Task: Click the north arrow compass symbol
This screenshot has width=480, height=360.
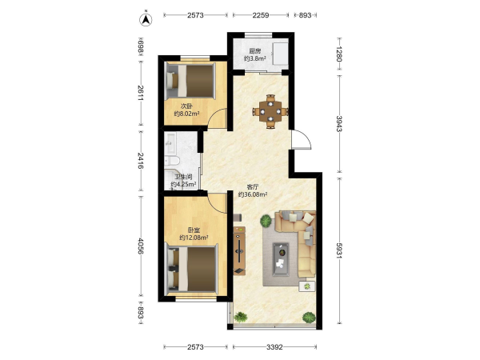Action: pos(146,19)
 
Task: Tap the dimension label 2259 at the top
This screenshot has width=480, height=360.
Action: pos(261,15)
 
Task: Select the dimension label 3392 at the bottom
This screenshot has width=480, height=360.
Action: pos(274,347)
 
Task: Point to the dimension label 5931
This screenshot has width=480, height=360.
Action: pos(339,250)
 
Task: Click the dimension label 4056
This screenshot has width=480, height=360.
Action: pos(141,246)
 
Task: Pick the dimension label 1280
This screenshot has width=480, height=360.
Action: pos(339,54)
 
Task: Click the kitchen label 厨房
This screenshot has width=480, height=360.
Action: pos(254,51)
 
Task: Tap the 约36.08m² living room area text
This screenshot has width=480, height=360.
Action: pos(253,194)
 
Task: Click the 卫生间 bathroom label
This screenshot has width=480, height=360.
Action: pos(183,177)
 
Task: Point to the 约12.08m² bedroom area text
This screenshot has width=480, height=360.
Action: pos(194,238)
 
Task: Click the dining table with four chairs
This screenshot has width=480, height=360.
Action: pos(270,111)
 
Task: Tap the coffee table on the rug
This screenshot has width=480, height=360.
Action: pos(281,259)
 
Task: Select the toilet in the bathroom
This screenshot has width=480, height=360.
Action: pos(171,160)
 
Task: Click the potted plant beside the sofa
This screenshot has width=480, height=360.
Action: pos(266,221)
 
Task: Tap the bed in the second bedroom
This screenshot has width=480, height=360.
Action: pos(190,81)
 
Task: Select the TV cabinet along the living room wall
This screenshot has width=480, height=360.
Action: pos(239,250)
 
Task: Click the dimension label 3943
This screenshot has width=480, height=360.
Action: pos(339,124)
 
